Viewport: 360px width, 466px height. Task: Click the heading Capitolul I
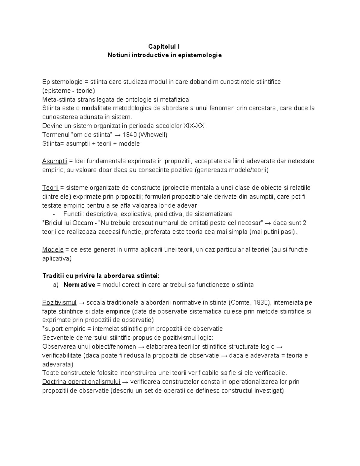tap(164, 47)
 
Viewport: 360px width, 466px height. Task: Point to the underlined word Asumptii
tap(55, 161)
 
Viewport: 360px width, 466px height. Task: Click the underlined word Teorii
tap(50, 188)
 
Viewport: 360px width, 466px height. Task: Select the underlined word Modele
tap(53, 250)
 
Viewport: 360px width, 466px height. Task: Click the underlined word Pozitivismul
tap(59, 302)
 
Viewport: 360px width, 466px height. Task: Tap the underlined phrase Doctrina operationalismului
tap(81, 382)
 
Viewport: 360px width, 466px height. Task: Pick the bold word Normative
tap(79, 285)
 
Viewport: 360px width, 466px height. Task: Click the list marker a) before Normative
tap(56, 285)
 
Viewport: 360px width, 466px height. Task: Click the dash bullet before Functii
tap(54, 214)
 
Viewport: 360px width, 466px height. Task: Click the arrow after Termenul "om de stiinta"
tap(118, 135)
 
